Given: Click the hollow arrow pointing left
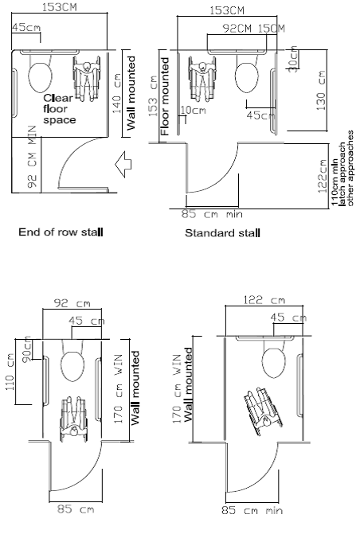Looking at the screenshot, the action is tap(123, 165).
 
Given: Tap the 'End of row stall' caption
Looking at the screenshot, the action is tap(61, 232).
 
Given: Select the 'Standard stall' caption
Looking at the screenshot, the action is tap(223, 233).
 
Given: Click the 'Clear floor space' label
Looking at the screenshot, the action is tap(59, 109).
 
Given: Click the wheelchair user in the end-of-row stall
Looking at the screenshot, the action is tap(87, 78).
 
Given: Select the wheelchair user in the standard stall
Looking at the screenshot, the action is tap(202, 78).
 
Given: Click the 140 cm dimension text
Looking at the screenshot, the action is tap(116, 93).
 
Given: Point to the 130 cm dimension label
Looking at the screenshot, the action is tap(321, 90).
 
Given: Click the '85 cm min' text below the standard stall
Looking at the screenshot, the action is tap(212, 214).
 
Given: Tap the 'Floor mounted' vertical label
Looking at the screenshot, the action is tap(165, 96).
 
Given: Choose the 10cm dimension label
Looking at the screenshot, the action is tap(193, 111).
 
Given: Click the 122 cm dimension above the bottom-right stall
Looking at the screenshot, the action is tap(264, 300).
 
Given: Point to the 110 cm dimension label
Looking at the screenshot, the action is tap(10, 371).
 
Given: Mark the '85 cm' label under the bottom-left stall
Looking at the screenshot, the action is tap(76, 509).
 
